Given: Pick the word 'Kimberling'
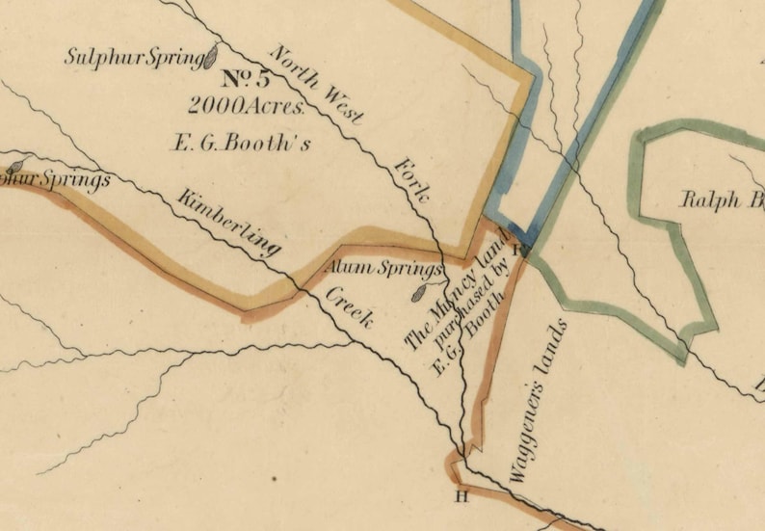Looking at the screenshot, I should pyautogui.click(x=229, y=222).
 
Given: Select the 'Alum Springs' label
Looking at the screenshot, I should pyautogui.click(x=385, y=268).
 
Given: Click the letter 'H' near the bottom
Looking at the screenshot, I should pyautogui.click(x=461, y=496).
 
